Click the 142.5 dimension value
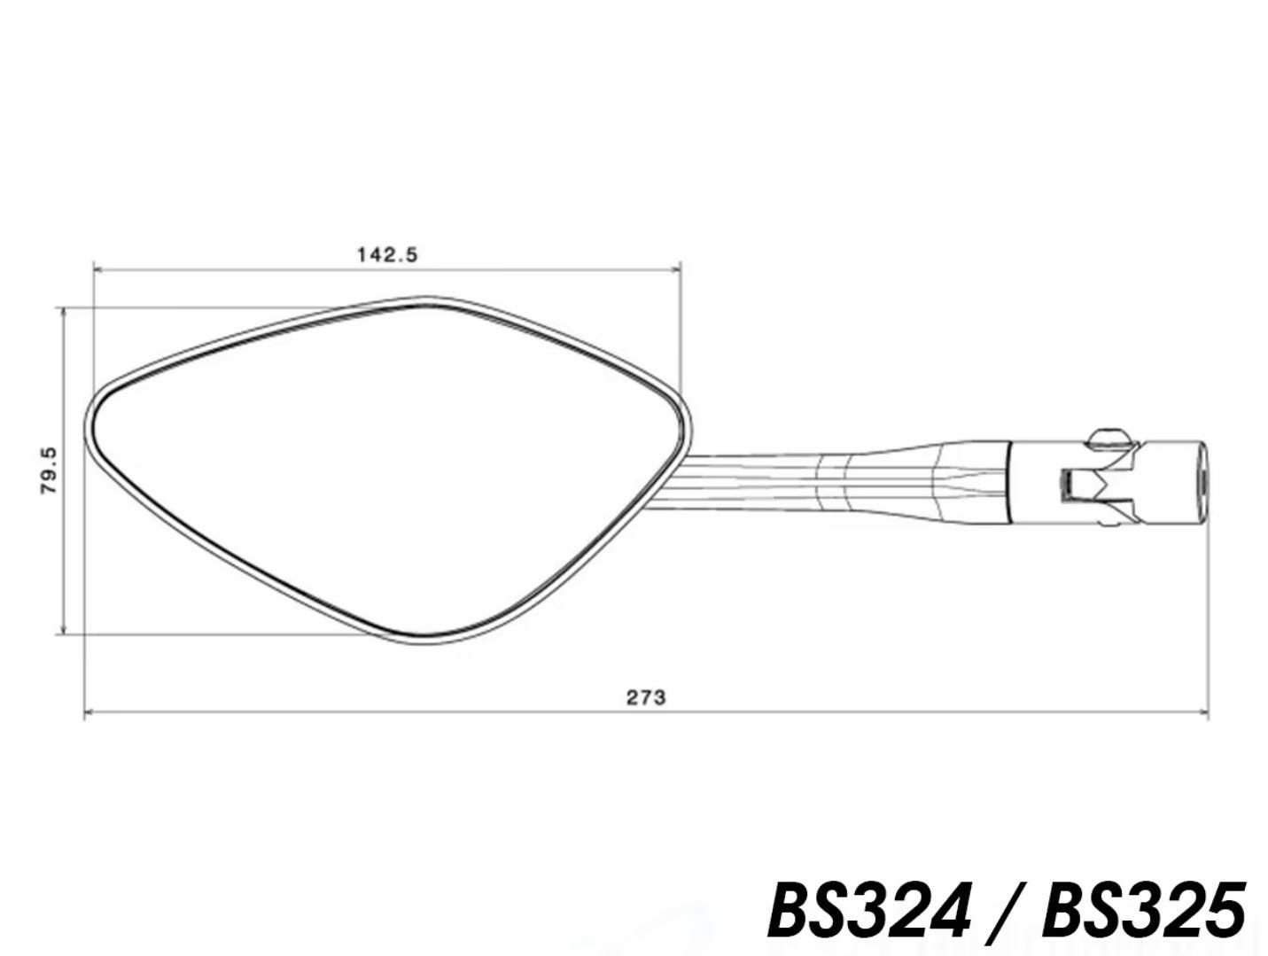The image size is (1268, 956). click(386, 254)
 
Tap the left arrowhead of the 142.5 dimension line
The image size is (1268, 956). click(98, 269)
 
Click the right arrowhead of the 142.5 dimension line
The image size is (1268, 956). click(675, 269)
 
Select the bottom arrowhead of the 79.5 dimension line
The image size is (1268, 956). click(64, 628)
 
